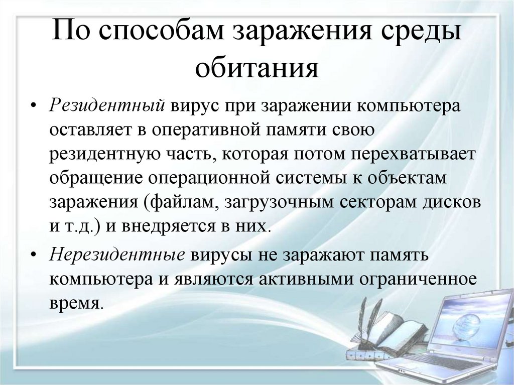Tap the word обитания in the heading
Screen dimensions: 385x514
coord(257,69)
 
